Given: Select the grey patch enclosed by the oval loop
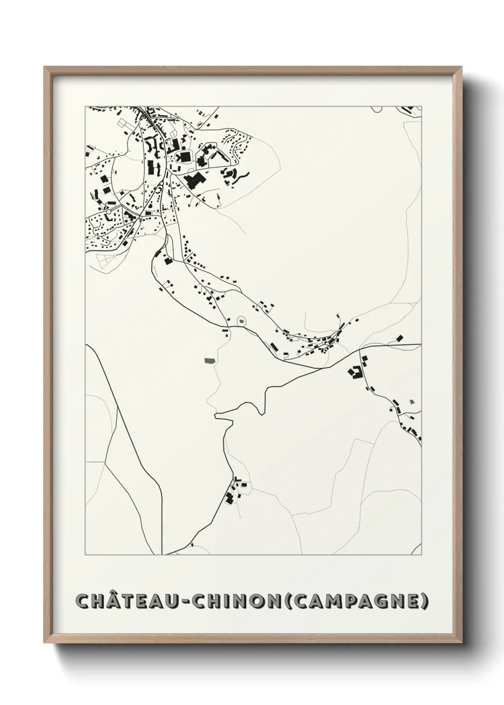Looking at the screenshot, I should tap(242, 322).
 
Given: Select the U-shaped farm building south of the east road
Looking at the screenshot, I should tap(354, 373).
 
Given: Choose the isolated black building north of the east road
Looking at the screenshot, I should tap(399, 338).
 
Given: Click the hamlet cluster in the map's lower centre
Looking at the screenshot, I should tap(234, 491).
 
